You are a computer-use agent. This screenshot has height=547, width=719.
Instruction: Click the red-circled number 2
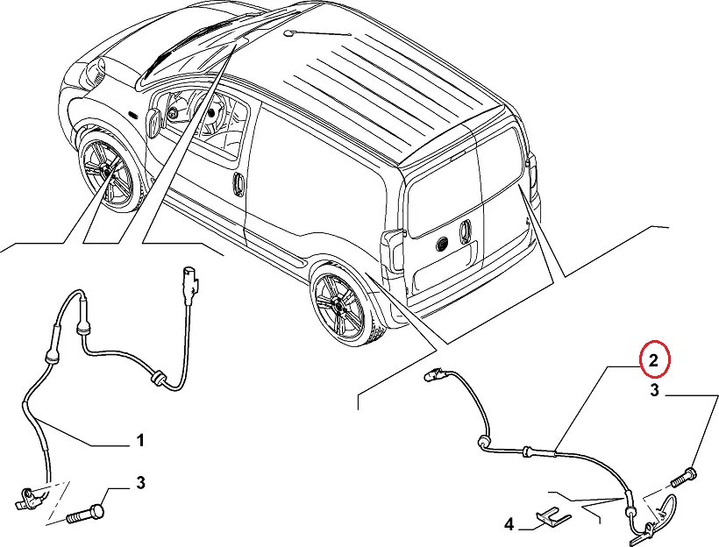tap(654, 359)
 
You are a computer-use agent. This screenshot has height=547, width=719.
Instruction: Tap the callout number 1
tap(139, 441)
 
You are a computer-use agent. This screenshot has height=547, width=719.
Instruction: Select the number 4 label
tap(507, 525)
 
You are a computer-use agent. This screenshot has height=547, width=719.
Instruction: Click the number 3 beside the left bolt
tap(140, 483)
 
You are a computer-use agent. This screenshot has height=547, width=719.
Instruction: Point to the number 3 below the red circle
tap(654, 391)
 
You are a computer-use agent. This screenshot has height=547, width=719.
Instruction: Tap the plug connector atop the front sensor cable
tap(190, 279)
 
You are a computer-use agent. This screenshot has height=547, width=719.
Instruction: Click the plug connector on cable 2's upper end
tap(431, 377)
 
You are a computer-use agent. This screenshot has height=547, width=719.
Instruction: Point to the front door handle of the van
tap(237, 184)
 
